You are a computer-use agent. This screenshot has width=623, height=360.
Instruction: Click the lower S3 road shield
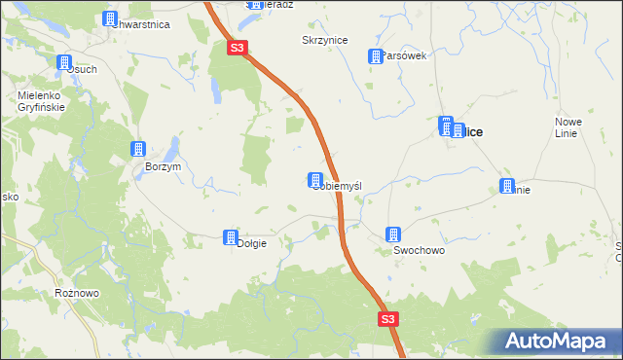point(388,319)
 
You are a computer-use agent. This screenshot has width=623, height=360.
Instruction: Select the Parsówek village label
point(405,55)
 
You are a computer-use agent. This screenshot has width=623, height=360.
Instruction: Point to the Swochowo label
point(419,250)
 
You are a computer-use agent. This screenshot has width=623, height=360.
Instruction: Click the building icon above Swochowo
point(392,234)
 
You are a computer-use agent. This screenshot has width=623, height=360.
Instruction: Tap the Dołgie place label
point(251,243)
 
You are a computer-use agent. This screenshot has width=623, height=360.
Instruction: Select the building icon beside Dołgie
point(230,236)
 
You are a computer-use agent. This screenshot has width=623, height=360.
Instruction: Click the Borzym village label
point(163,166)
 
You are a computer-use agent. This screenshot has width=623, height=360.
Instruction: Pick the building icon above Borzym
point(137,149)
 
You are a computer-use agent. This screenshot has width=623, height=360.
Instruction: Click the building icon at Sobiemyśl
point(315,180)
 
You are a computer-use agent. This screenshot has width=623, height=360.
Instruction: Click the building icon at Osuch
point(64,63)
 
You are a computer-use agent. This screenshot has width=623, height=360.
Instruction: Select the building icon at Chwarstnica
point(109,18)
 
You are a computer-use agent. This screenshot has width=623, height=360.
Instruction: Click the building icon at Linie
point(506,186)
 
